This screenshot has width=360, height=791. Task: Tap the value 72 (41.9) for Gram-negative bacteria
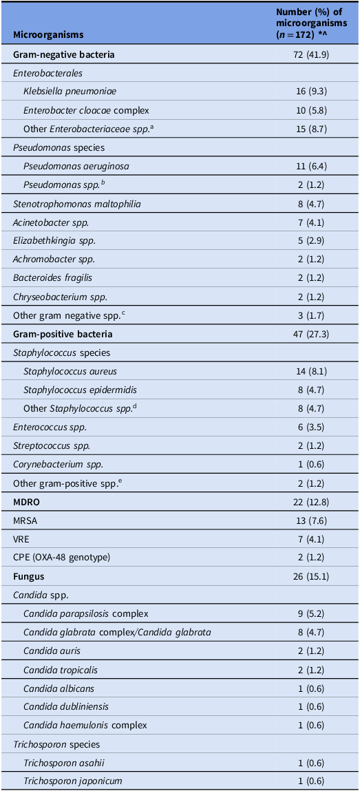(306, 54)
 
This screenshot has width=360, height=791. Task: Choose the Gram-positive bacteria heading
(63, 334)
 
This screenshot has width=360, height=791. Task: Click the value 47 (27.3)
(306, 334)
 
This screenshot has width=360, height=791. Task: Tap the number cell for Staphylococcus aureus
(306, 371)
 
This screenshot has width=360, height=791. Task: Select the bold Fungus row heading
(29, 576)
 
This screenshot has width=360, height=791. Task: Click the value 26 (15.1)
(306, 576)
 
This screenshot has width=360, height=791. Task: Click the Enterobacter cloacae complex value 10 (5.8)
(306, 110)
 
